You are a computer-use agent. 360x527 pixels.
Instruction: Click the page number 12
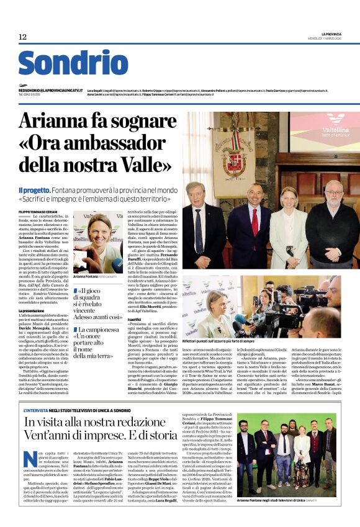pyautogui.click(x=22, y=37)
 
